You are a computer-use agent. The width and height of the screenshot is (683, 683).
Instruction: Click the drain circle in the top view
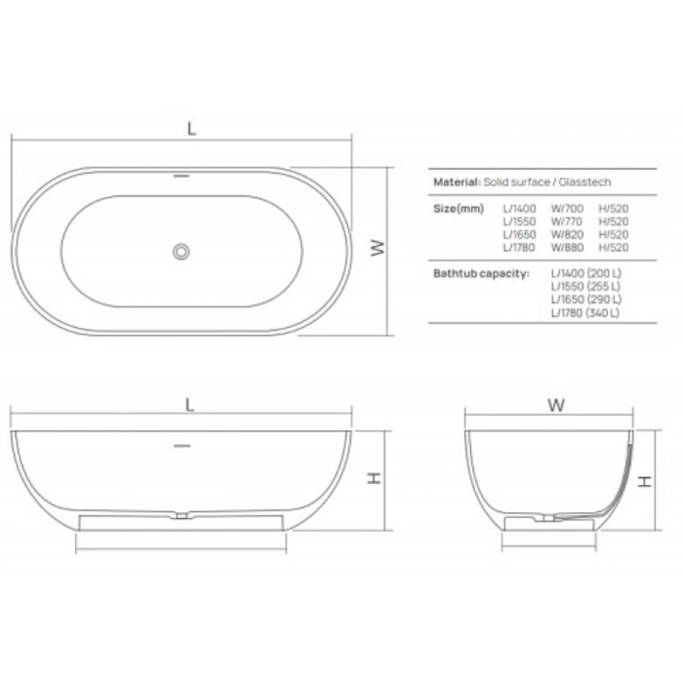181,251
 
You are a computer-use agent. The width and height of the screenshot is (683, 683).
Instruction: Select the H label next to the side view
373,478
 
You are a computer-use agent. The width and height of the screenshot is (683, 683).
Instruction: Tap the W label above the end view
555,404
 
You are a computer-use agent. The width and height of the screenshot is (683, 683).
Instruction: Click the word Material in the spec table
456,181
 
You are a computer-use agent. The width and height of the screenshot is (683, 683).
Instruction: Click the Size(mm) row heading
457,208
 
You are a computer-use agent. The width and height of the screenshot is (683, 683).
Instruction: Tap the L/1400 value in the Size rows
519,208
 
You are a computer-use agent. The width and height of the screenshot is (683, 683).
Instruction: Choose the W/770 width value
567,221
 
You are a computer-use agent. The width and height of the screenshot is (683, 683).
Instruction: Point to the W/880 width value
567,246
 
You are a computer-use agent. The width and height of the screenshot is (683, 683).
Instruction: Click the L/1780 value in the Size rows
519,246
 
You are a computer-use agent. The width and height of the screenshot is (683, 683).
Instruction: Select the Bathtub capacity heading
480,273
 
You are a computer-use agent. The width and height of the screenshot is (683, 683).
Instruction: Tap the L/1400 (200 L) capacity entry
585,273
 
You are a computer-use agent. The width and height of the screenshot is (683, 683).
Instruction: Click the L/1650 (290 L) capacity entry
585,300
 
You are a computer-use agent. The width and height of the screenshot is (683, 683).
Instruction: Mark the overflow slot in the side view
181,445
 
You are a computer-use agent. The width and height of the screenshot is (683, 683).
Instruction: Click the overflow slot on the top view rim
181,178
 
